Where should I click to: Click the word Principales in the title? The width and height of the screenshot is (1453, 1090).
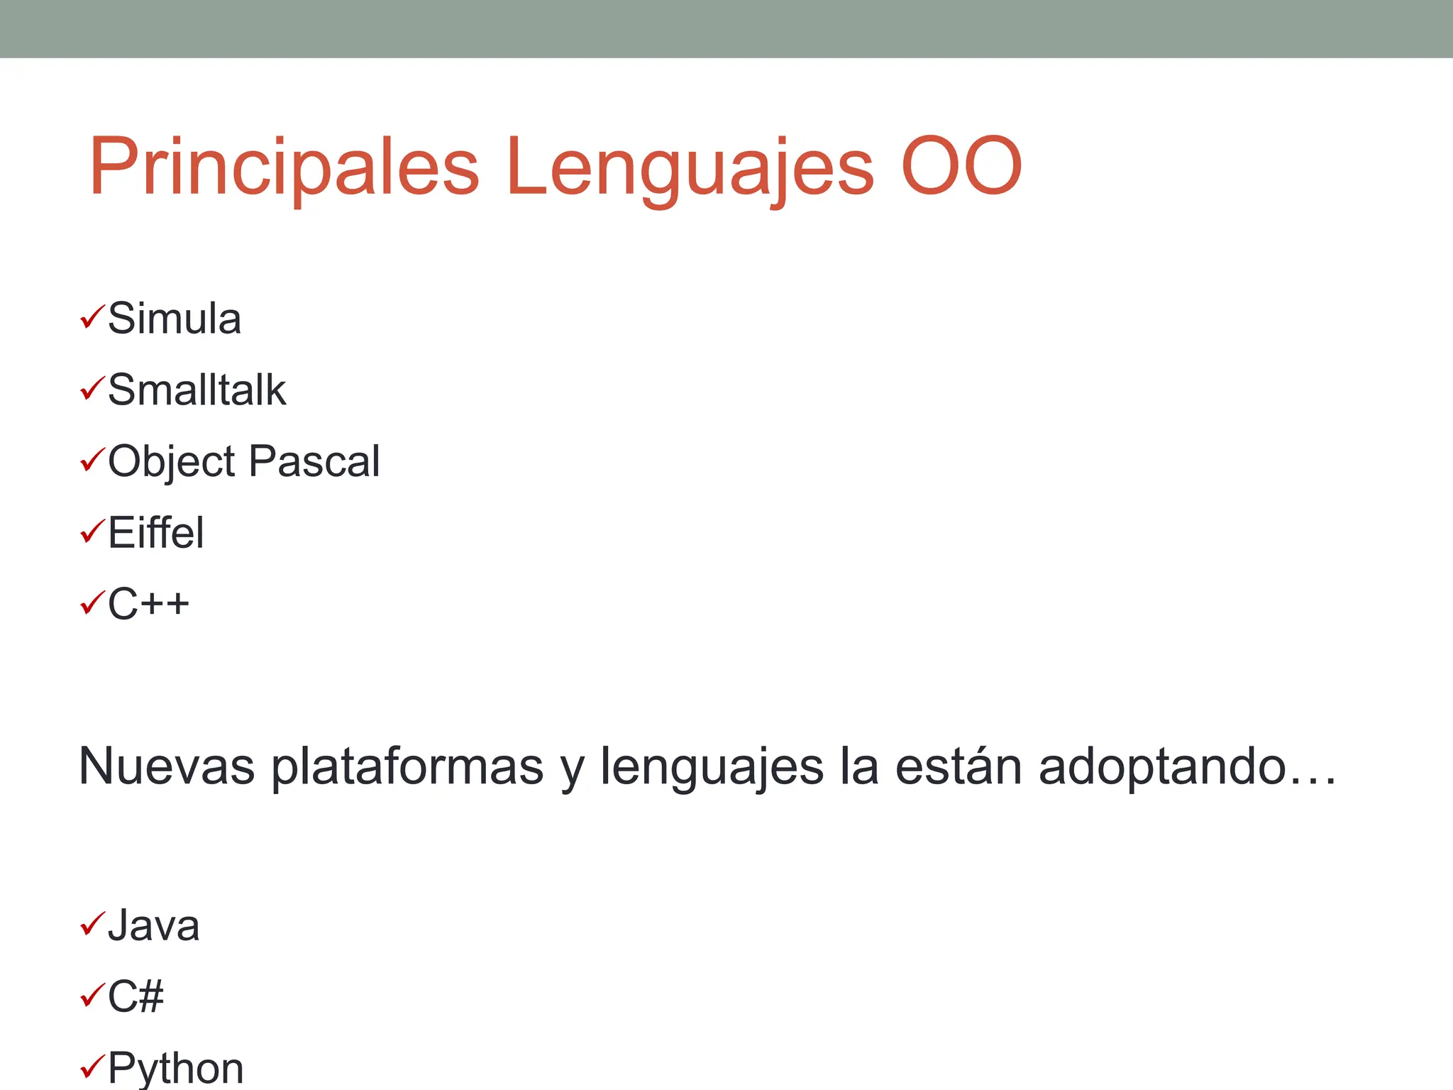click(284, 167)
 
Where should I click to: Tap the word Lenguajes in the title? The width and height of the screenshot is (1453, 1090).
click(690, 167)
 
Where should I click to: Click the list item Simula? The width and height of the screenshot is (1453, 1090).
click(175, 319)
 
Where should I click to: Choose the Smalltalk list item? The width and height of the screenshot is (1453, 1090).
click(197, 390)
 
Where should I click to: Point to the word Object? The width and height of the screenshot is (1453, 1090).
click(171, 461)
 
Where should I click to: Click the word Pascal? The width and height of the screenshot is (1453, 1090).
click(314, 461)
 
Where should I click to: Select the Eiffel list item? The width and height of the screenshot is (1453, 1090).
click(155, 533)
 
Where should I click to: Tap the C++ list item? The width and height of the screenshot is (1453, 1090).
click(148, 604)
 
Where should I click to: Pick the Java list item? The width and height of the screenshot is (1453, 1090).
click(153, 925)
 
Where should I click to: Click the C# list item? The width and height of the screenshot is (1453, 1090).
click(136, 996)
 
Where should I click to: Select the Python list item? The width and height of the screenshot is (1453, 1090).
click(175, 1067)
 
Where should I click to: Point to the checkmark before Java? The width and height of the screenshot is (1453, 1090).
click(92, 923)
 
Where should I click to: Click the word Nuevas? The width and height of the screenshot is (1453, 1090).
click(167, 766)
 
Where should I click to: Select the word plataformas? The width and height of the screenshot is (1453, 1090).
click(407, 766)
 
